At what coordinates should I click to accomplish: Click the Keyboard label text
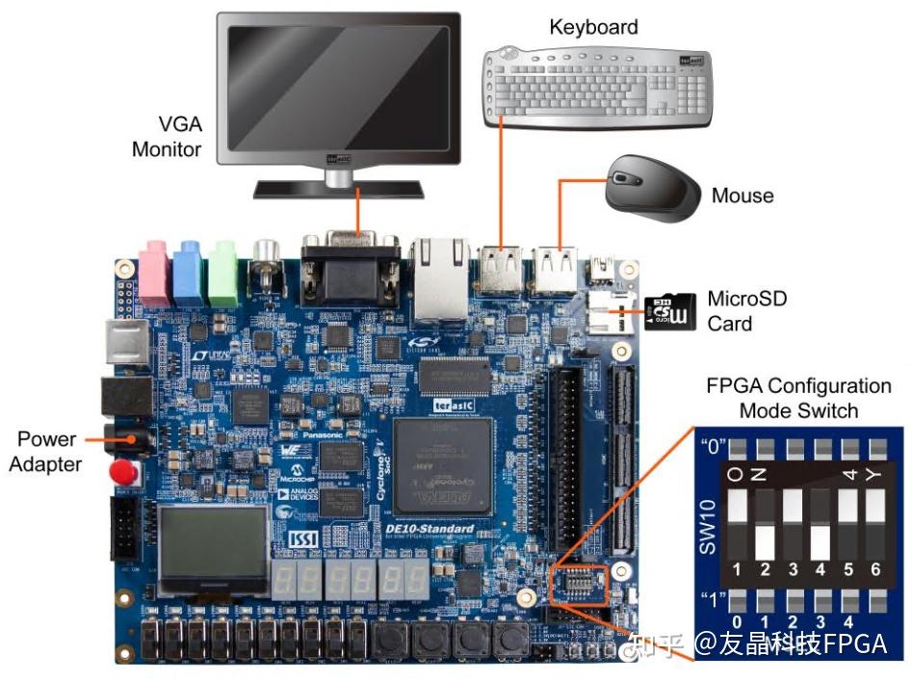coord(593,27)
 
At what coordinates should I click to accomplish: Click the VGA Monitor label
coord(167,137)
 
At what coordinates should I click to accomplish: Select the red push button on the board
coord(122,473)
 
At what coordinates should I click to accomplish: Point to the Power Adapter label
coord(46,452)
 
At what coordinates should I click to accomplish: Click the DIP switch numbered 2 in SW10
coord(765,524)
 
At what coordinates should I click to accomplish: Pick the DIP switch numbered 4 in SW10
coord(820,524)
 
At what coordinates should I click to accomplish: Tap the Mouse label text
coord(742,196)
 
